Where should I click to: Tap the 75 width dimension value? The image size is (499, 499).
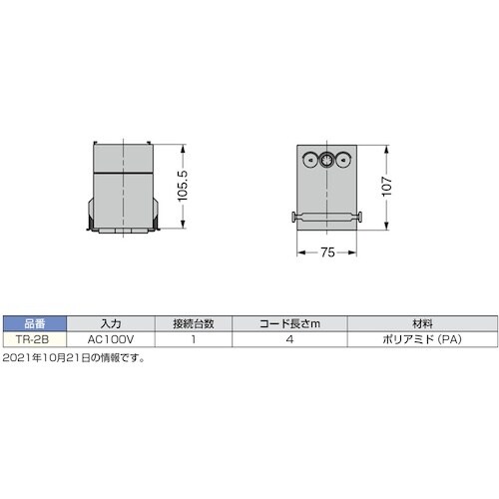[327, 252]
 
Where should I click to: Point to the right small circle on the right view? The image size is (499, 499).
[344, 159]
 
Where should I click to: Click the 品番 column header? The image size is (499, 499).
[34, 323]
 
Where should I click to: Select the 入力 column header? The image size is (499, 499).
[111, 323]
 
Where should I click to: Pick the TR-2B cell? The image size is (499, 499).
[34, 338]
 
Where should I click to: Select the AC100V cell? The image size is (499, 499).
[111, 338]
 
